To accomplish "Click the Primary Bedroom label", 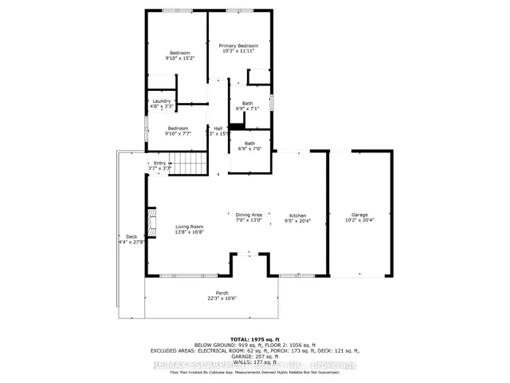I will (x=238, y=46).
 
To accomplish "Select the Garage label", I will (x=359, y=215).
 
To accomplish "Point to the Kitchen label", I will (x=297, y=216).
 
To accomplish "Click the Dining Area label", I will (x=249, y=215).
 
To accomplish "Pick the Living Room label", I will (x=190, y=227).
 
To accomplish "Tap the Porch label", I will (x=222, y=293).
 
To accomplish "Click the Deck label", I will (x=131, y=236).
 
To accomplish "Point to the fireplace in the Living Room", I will (x=150, y=219).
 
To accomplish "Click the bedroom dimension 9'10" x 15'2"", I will (x=178, y=58).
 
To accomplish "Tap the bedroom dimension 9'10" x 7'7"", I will (x=178, y=133).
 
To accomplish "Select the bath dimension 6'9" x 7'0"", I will (x=249, y=148).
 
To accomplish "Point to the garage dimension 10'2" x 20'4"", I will (x=359, y=220).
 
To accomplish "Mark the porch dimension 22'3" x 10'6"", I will (x=222, y=298).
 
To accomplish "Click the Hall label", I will (x=218, y=128).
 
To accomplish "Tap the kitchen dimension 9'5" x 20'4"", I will (x=297, y=222).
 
